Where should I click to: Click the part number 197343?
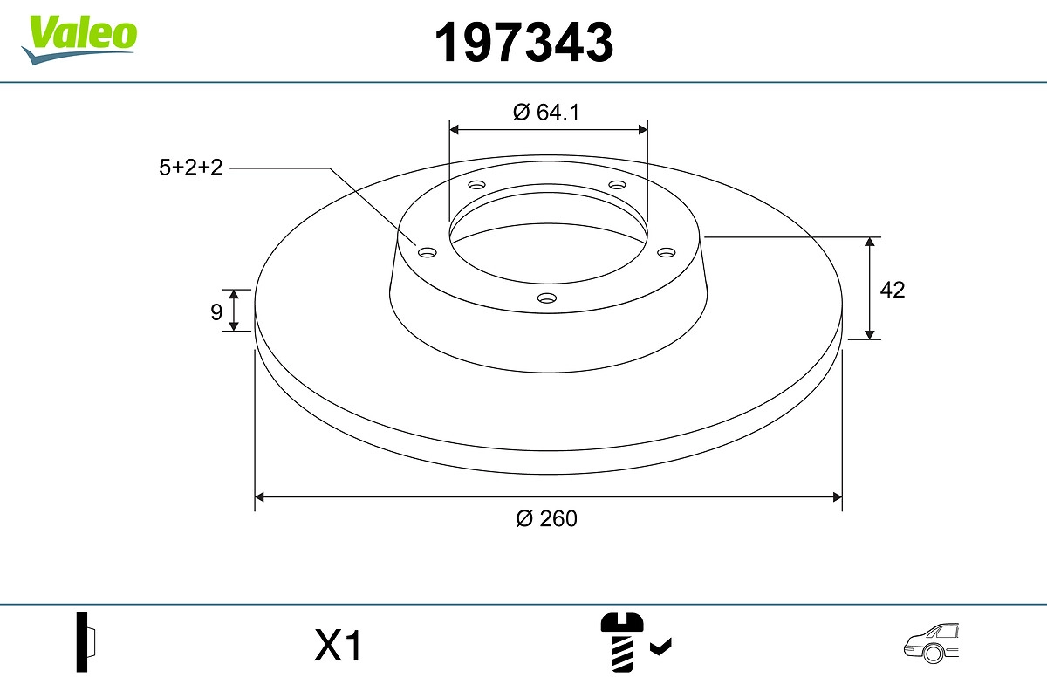(523, 42)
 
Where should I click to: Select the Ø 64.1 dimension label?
(547, 112)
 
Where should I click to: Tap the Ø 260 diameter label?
(547, 518)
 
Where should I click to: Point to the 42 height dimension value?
(893, 290)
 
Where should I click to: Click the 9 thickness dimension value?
(216, 311)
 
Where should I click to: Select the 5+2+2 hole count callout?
(191, 168)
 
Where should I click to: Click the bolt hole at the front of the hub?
(547, 298)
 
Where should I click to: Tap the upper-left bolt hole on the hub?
(476, 185)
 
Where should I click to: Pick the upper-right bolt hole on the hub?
(618, 185)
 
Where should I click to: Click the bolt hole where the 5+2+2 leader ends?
(428, 252)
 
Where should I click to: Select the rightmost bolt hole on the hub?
(667, 252)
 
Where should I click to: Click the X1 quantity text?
(338, 647)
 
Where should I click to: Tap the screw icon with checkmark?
(633, 641)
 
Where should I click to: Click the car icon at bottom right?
(931, 643)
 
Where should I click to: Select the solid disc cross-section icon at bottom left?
(85, 642)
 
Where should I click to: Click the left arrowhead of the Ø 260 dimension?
(259, 497)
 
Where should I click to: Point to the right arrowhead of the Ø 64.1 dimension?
(643, 129)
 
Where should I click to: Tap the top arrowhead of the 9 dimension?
(234, 294)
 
